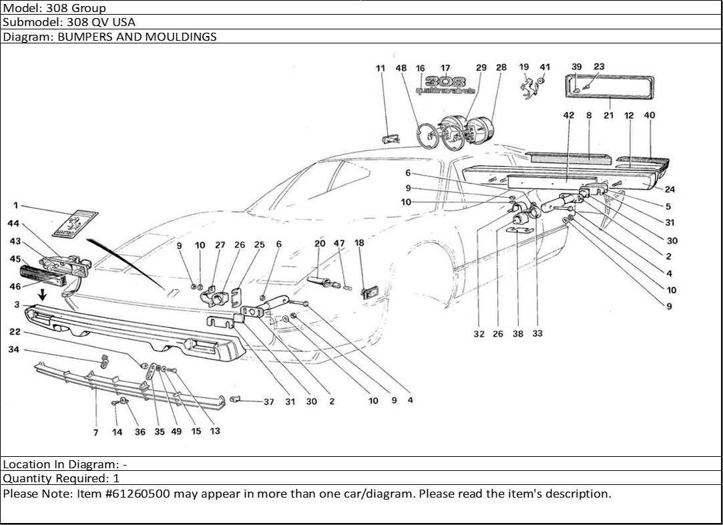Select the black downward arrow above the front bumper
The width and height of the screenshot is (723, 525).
pos(43,295)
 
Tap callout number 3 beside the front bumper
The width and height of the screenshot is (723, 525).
pos(16,305)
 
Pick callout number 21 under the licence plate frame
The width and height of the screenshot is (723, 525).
pos(608,116)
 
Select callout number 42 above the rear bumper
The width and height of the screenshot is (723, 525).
pos(568,116)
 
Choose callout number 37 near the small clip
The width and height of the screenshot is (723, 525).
pos(268,402)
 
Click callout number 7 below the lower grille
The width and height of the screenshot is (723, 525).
pos(95,432)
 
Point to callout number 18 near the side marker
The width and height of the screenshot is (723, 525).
pos(359,244)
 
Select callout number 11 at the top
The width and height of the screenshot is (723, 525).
pos(381,68)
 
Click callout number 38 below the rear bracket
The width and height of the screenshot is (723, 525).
pos(518,334)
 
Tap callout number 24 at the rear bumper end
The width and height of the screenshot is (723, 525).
pos(670,189)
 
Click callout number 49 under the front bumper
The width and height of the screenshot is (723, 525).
pos(176,431)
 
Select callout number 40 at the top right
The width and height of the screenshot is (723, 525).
pos(650,116)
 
